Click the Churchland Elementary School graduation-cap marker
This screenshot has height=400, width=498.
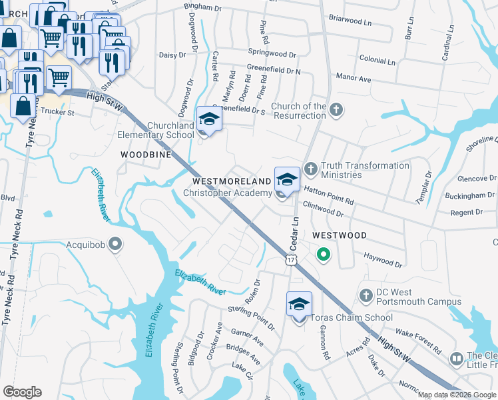(209, 121)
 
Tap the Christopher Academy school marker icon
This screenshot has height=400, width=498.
(287, 180)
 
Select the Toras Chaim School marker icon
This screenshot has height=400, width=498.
(300, 305)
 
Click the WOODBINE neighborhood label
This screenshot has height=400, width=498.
(146, 154)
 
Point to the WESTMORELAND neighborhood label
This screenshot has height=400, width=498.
(232, 181)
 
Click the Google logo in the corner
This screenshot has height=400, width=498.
(23, 392)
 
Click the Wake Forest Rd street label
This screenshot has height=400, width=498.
(418, 340)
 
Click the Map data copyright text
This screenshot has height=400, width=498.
(455, 395)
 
